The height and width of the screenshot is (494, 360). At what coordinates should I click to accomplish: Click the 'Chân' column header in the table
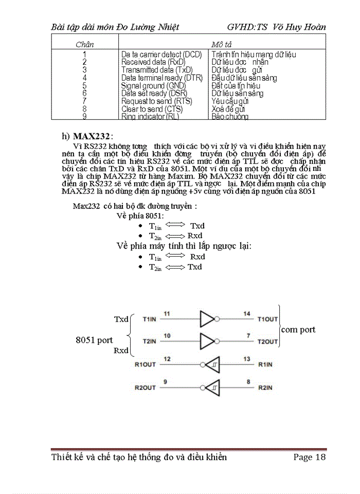point(84,44)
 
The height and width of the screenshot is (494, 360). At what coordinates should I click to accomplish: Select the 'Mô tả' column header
point(222,44)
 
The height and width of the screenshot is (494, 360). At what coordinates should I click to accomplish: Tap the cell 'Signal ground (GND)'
point(150,85)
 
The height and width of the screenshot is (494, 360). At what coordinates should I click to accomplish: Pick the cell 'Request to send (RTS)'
point(156,101)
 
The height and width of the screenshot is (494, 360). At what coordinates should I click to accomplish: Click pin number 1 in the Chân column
point(84,54)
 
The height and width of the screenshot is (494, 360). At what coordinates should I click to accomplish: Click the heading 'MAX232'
point(91,136)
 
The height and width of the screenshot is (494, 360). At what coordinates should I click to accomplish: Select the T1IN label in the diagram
point(150,319)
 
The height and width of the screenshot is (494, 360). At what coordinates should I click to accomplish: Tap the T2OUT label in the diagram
point(268,342)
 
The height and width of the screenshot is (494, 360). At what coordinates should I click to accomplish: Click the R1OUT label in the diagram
point(145,364)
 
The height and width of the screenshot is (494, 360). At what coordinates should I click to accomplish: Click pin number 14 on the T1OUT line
point(247,313)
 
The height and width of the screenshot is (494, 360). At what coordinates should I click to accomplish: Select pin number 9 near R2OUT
point(165,381)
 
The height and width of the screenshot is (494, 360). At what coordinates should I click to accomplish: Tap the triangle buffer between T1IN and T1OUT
point(207,319)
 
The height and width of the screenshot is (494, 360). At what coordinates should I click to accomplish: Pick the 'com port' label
point(298,329)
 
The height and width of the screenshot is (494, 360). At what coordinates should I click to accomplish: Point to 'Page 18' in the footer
point(310,457)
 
